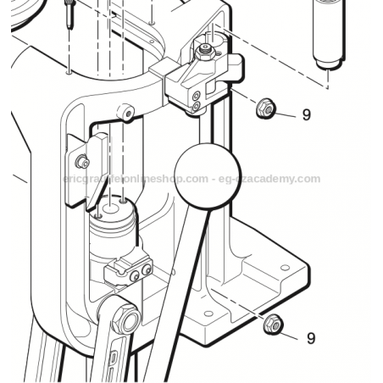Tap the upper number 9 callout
(x=307, y=115)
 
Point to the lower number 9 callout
(x=311, y=338)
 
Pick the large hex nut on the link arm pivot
(x=128, y=319)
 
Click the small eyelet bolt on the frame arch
(x=125, y=110)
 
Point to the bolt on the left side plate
(x=82, y=161)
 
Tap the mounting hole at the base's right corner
(x=284, y=268)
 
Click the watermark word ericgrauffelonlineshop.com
(x=136, y=179)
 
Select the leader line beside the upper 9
(x=286, y=113)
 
